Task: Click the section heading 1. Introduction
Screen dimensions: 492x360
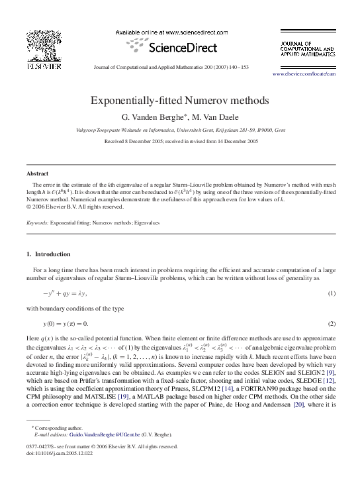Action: point(51,254)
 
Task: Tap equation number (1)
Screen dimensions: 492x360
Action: point(332,293)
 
